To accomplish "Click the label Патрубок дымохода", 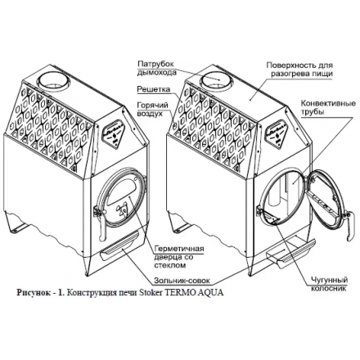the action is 155,68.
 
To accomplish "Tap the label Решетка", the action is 154,89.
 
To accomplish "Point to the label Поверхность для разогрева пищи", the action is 299,70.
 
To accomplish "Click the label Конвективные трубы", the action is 328,107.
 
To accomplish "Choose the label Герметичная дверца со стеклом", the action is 179,257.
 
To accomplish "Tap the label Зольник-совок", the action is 182,281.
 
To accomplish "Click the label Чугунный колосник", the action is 330,284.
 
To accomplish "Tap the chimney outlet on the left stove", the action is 54,80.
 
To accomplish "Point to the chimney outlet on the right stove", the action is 217,79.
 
